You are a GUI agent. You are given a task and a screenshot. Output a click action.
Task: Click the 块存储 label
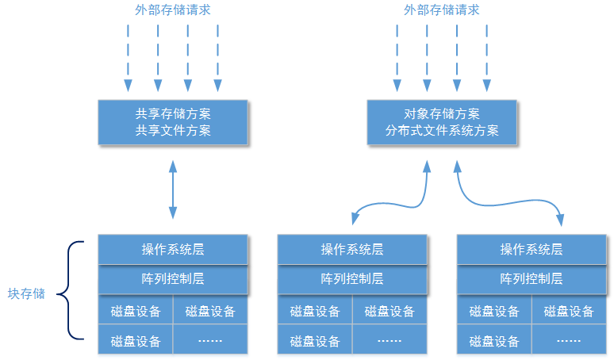tap(26, 293)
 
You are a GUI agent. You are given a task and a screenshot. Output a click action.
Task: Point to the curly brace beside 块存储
tap(71, 289)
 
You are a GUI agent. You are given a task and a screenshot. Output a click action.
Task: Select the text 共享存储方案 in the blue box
tap(173, 113)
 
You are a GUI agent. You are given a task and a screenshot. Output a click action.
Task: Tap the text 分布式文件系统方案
tap(442, 131)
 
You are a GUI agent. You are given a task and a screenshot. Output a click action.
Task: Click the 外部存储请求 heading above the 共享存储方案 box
tap(172, 10)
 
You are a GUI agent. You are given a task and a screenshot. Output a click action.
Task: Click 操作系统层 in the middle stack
tap(352, 249)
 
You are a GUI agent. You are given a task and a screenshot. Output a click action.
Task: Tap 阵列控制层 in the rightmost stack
tap(531, 279)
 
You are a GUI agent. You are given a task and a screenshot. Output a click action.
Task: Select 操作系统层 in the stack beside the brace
tap(172, 249)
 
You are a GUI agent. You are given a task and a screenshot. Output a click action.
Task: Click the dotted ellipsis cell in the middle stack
tap(390, 342)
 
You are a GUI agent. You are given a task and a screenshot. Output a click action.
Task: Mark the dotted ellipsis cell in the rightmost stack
tap(569, 342)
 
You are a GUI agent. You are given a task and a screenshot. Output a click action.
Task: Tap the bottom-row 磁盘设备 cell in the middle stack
tap(315, 342)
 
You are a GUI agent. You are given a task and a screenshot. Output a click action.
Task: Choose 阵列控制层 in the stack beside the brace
tap(172, 279)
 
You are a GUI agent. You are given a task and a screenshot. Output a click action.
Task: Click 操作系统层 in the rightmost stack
tap(531, 249)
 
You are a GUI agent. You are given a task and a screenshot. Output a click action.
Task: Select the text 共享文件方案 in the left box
tap(173, 131)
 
